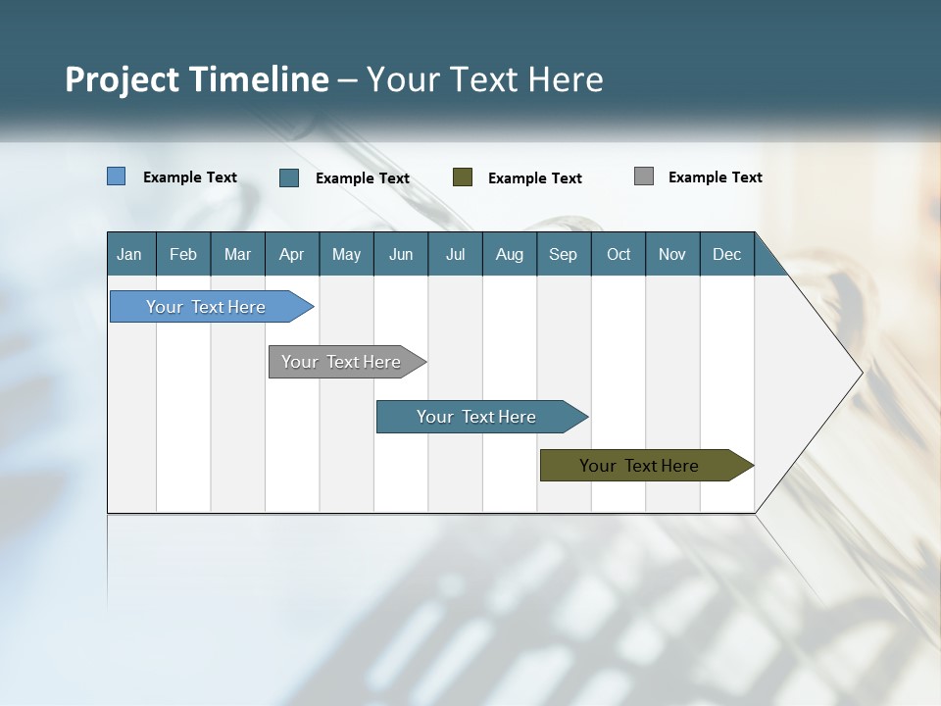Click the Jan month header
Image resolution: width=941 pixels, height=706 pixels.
point(129,254)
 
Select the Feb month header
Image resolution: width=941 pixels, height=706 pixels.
point(183,254)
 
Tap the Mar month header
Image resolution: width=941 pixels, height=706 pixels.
point(237,254)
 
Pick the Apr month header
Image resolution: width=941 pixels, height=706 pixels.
point(291,254)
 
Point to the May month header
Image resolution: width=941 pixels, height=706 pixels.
point(346,254)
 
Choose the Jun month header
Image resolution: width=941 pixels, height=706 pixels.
point(401,254)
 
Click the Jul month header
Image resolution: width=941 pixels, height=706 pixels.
point(455,254)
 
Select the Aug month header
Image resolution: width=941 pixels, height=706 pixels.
point(509,254)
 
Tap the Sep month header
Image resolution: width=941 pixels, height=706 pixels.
point(563,254)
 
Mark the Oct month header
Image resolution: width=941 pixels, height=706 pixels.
point(619,254)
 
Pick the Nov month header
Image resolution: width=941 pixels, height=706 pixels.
point(672,254)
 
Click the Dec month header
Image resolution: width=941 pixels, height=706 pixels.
point(726,254)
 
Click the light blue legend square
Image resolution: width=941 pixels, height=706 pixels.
point(117,176)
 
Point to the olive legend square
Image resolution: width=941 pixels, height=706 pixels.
point(463,177)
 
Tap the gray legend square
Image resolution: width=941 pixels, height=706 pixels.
point(644,176)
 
